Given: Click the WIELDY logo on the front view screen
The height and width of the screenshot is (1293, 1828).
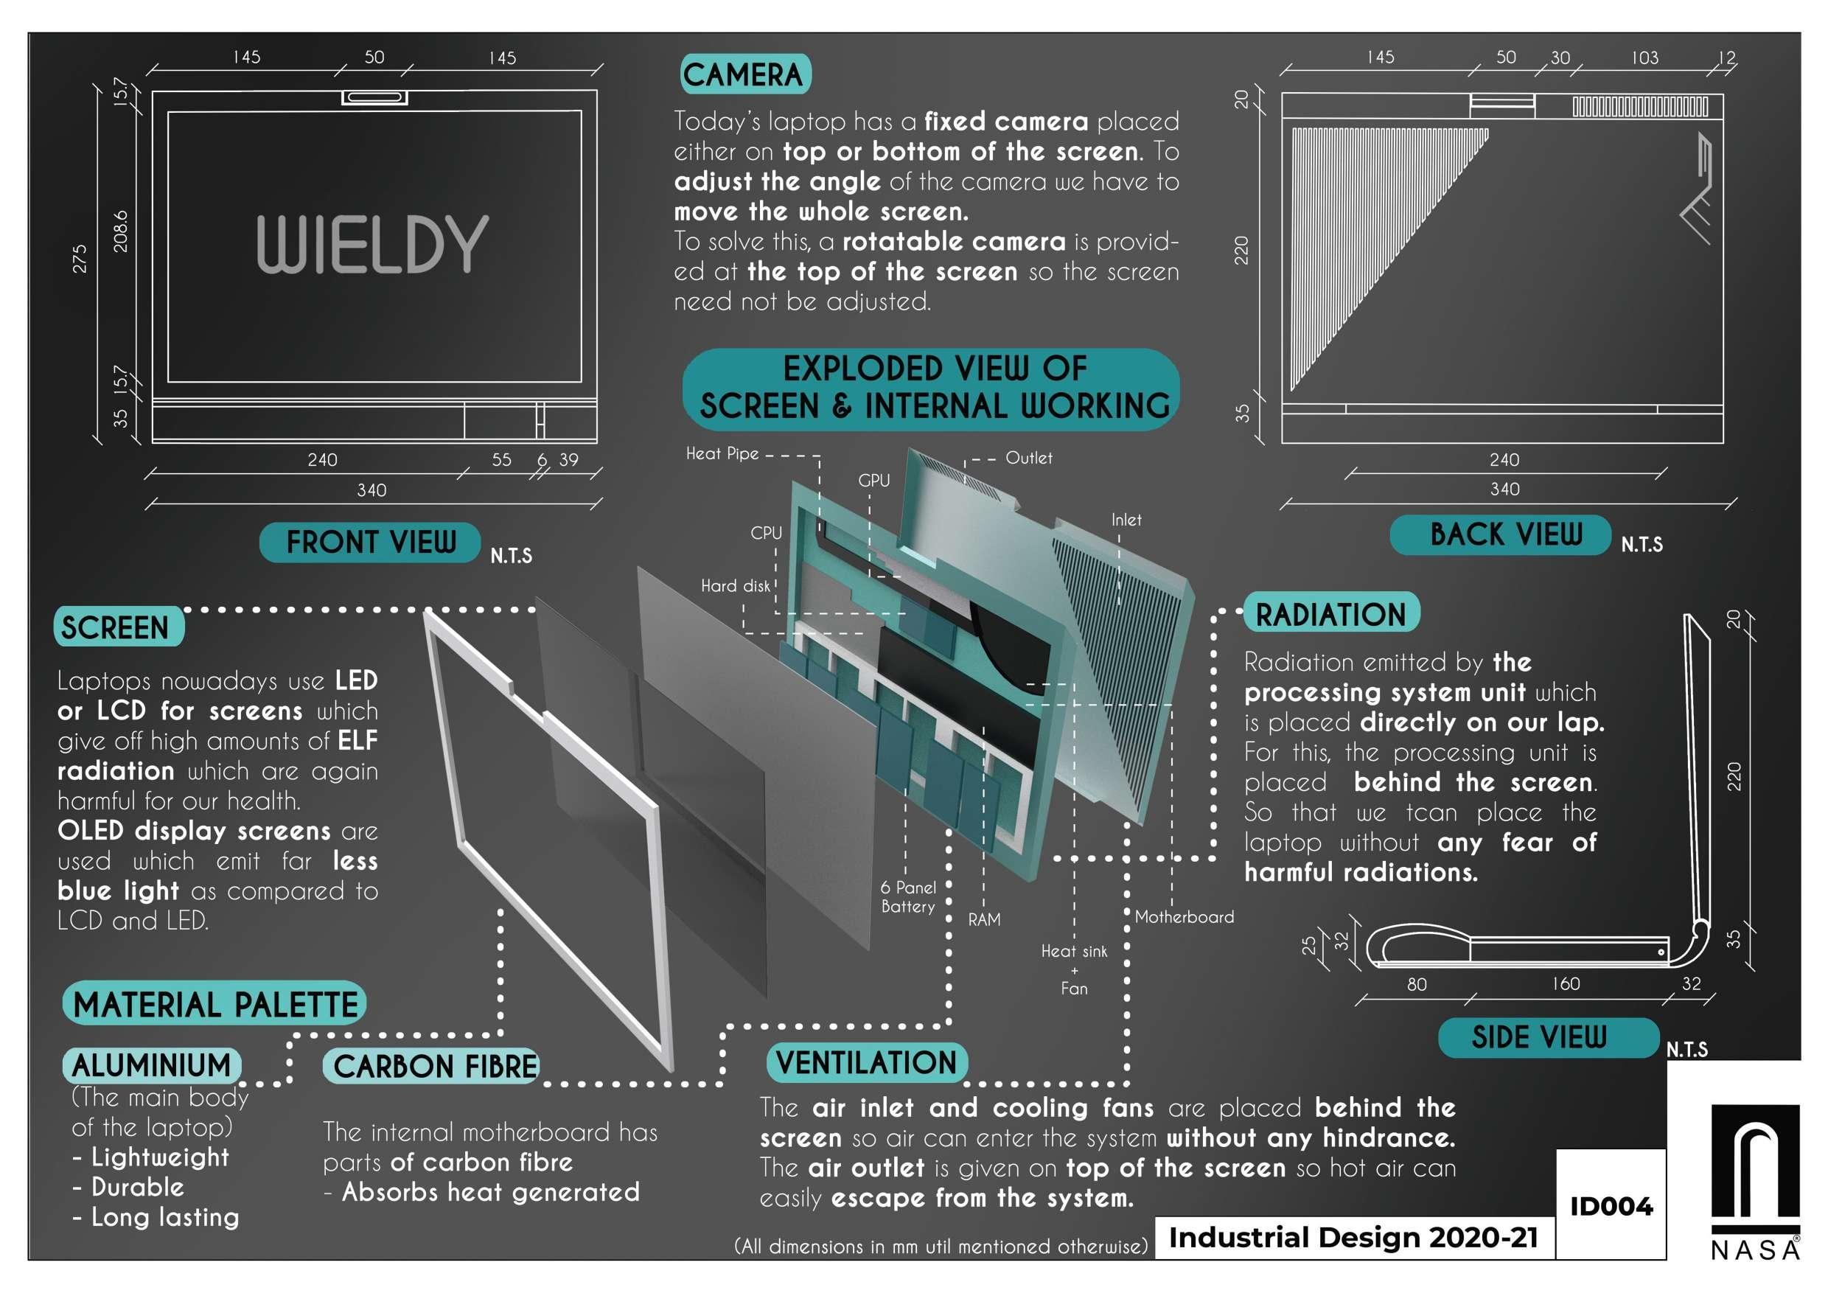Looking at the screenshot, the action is (x=371, y=245).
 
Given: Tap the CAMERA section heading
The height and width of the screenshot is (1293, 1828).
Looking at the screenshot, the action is (x=744, y=75).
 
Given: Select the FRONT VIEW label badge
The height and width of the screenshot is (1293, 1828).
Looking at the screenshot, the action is (x=370, y=543).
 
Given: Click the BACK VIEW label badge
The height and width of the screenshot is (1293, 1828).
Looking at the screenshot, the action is (x=1504, y=534).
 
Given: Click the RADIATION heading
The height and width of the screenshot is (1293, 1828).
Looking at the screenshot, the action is (x=1330, y=614).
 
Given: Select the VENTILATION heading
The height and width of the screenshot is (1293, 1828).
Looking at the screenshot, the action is (x=866, y=1063).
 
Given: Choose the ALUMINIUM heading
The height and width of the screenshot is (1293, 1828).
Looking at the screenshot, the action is (x=151, y=1065).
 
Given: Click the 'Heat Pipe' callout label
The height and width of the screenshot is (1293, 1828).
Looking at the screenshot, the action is (x=722, y=454).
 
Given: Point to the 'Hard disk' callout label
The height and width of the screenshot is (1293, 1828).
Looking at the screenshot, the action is (x=736, y=586).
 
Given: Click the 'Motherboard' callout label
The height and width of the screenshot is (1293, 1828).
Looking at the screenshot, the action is (x=1184, y=916).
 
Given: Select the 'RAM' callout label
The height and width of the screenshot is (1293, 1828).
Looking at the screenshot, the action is (x=984, y=919).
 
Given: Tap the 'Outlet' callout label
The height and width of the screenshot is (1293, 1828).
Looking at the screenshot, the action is (x=1029, y=458).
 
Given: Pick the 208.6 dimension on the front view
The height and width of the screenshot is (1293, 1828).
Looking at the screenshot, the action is (x=120, y=231).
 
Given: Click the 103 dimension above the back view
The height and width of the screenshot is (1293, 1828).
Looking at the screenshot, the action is (x=1645, y=58).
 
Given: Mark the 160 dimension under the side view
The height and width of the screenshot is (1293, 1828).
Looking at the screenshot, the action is (x=1566, y=984).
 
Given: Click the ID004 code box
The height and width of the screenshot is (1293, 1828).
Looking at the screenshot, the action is (x=1611, y=1206).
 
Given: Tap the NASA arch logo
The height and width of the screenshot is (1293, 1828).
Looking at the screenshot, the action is (x=1755, y=1171).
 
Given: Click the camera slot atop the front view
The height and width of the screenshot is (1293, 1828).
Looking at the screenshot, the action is (x=375, y=97).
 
